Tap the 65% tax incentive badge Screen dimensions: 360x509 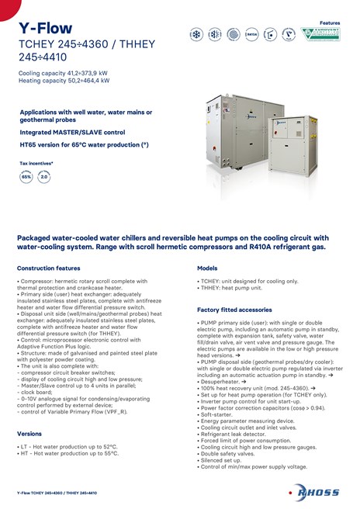[26, 177]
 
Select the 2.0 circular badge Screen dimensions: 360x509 [44, 177]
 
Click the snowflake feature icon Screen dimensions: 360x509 [196, 34]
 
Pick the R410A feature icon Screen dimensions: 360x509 [251, 34]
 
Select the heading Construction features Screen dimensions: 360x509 [48, 268]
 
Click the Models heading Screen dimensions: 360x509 [207, 268]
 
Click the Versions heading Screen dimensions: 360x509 [29, 433]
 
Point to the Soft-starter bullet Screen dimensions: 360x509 [216, 414]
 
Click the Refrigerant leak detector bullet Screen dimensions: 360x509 [233, 434]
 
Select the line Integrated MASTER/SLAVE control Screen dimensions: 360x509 [72, 133]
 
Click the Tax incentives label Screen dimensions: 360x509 [36, 164]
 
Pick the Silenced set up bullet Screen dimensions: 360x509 [222, 460]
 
